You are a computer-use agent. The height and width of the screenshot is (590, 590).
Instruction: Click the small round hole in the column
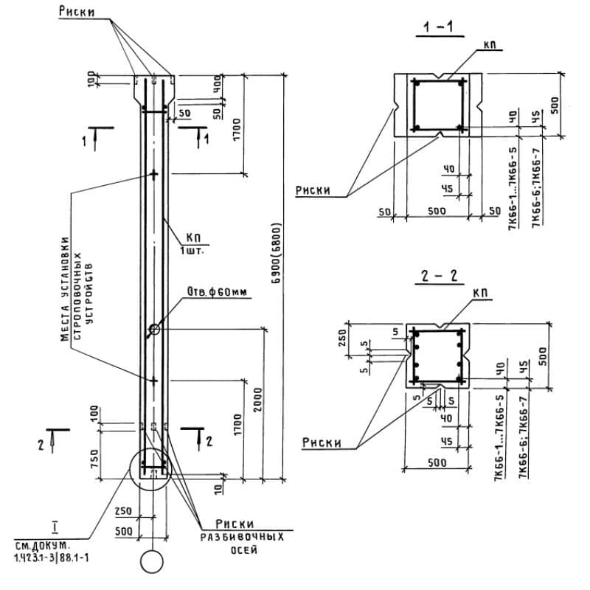(x=153, y=329)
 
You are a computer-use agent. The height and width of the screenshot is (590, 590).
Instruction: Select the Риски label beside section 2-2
(x=322, y=442)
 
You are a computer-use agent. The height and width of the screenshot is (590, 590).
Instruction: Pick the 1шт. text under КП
(x=193, y=249)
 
